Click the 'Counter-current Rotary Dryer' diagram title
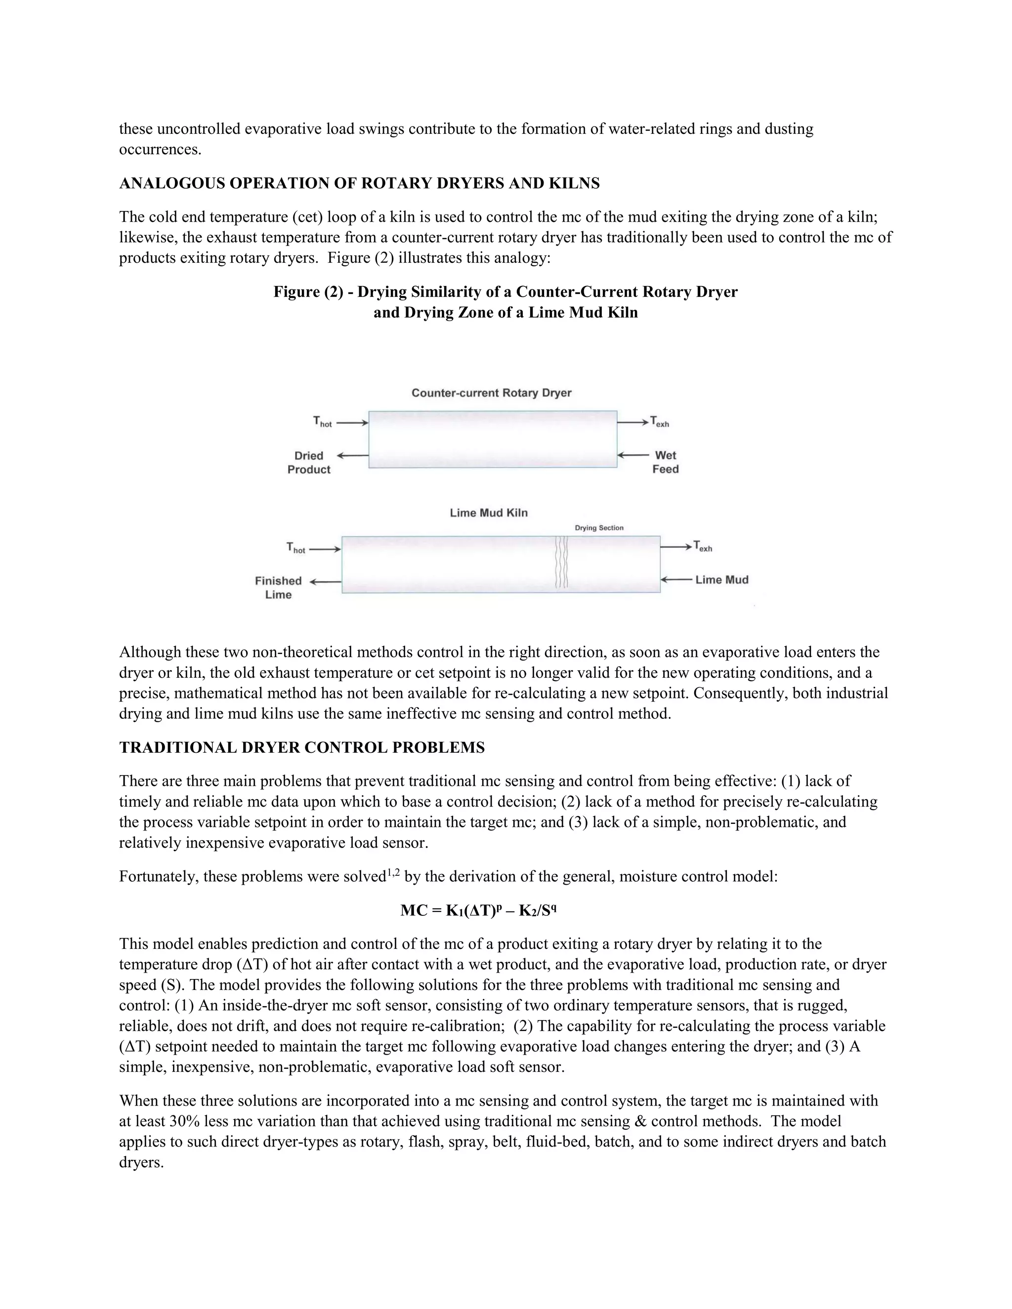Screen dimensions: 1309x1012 tap(491, 393)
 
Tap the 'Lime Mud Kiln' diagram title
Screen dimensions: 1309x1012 tap(489, 513)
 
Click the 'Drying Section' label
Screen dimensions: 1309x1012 tap(599, 528)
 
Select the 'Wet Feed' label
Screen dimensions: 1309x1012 tap(666, 462)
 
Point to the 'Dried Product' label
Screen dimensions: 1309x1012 tap(309, 463)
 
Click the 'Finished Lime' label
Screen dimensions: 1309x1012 tap(278, 587)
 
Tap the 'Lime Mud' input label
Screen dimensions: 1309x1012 tap(722, 579)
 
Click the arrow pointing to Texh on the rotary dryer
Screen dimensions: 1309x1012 tap(632, 422)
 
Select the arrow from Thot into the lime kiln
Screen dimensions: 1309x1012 tap(324, 549)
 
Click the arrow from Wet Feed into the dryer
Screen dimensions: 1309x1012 tap(632, 455)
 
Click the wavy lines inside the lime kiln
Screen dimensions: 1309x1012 tap(561, 562)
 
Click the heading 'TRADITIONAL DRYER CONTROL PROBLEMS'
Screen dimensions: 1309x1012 tap(301, 747)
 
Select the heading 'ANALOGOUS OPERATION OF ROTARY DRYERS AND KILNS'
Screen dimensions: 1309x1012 tap(359, 183)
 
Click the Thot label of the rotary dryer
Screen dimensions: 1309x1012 tap(322, 422)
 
